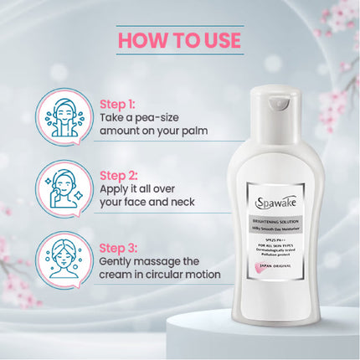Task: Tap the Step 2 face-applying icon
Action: (x=64, y=190)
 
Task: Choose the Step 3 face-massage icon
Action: (x=64, y=262)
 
